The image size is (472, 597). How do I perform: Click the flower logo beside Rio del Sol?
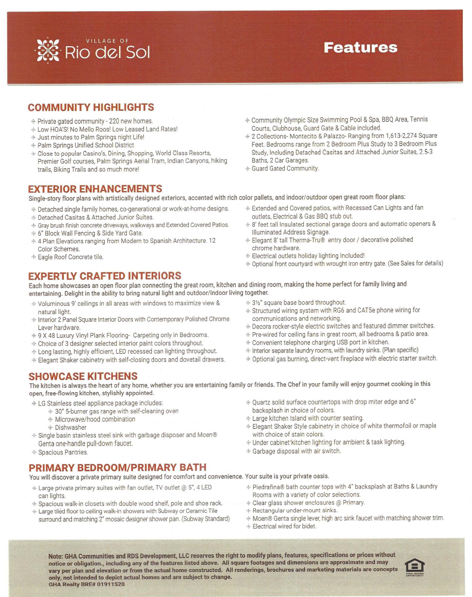click(x=48, y=50)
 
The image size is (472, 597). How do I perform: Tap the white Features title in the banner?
click(x=360, y=48)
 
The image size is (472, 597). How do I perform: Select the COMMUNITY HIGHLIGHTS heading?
click(x=91, y=107)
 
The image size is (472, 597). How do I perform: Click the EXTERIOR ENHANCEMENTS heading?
click(x=95, y=189)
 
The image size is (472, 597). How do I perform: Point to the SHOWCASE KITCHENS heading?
click(x=83, y=376)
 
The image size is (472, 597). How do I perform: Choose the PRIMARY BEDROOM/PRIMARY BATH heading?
click(x=118, y=467)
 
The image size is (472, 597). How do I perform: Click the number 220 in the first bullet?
click(x=114, y=121)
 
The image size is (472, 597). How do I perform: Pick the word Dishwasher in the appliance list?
click(x=71, y=427)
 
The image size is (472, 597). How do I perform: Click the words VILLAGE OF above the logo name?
click(x=107, y=41)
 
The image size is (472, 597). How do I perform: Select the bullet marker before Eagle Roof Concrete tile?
click(x=33, y=257)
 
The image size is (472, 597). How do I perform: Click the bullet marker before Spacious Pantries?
click(x=34, y=452)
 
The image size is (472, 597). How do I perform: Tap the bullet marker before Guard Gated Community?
click(x=247, y=169)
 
